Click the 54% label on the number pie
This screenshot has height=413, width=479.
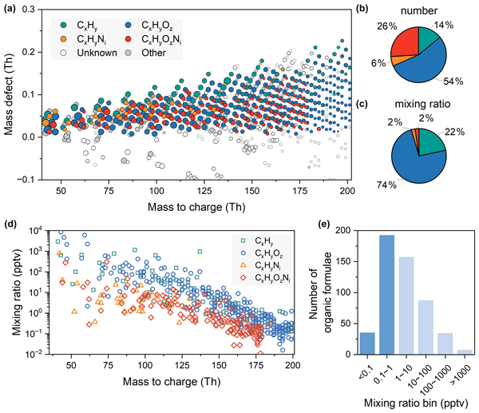[457, 81]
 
